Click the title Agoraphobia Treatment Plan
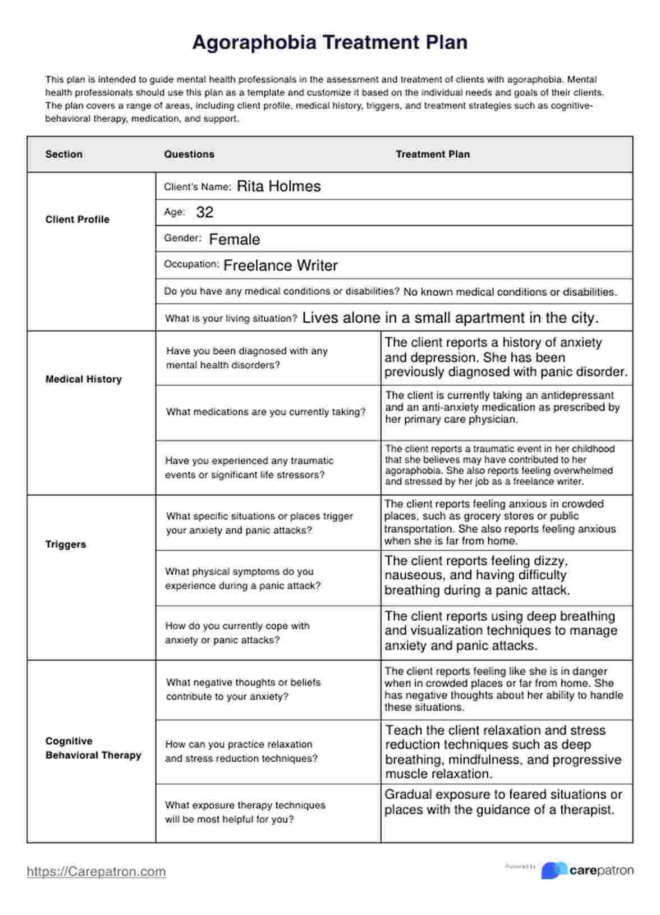[329, 43]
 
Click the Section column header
[64, 154]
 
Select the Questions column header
[189, 154]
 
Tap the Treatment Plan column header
[433, 154]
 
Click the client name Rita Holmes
[278, 186]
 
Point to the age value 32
[205, 212]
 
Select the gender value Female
[234, 239]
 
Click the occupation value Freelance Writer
[280, 266]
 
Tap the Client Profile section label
[77, 219]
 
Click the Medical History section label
[84, 379]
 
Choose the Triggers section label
[66, 545]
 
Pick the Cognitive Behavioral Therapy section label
[93, 748]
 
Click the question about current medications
[265, 412]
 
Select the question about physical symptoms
[242, 579]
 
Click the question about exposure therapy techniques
[245, 812]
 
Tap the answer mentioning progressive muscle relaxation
[503, 752]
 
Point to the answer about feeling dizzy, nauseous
[477, 575]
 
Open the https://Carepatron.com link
[97, 872]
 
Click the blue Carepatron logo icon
[553, 871]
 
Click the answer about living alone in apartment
[450, 318]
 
